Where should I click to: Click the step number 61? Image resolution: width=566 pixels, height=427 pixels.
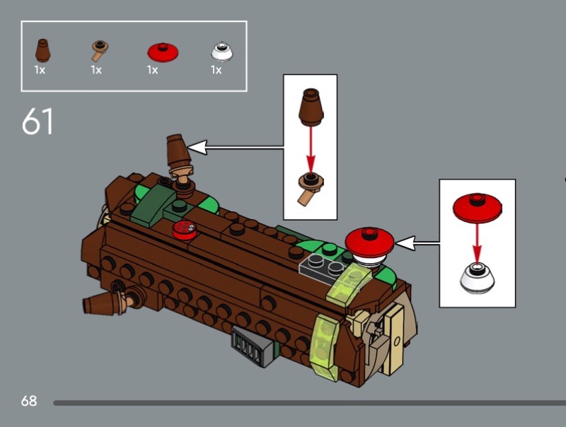pos(37,121)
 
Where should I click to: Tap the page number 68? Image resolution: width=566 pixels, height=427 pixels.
pos(29,401)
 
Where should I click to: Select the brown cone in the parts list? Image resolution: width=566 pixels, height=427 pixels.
pos(42,50)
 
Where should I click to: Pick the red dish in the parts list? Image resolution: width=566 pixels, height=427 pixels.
pos(163,52)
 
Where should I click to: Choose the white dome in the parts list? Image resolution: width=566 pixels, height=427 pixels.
pos(221,52)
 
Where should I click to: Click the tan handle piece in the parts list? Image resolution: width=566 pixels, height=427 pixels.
pos(99,50)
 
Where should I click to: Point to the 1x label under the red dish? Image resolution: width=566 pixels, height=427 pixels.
pos(152,69)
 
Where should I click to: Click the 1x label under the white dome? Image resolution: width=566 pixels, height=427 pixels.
pos(216,69)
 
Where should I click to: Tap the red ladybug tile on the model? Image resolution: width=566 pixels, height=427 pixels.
pos(185,230)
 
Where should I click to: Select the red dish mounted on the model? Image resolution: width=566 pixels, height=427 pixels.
pos(369,242)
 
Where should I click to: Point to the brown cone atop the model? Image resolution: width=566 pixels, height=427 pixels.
pos(178,151)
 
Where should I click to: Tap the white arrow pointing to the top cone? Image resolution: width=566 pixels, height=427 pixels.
pos(236,147)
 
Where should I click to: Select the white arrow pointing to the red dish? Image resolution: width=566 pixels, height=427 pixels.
pos(417,243)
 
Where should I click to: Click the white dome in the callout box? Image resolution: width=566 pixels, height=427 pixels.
pos(477,278)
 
